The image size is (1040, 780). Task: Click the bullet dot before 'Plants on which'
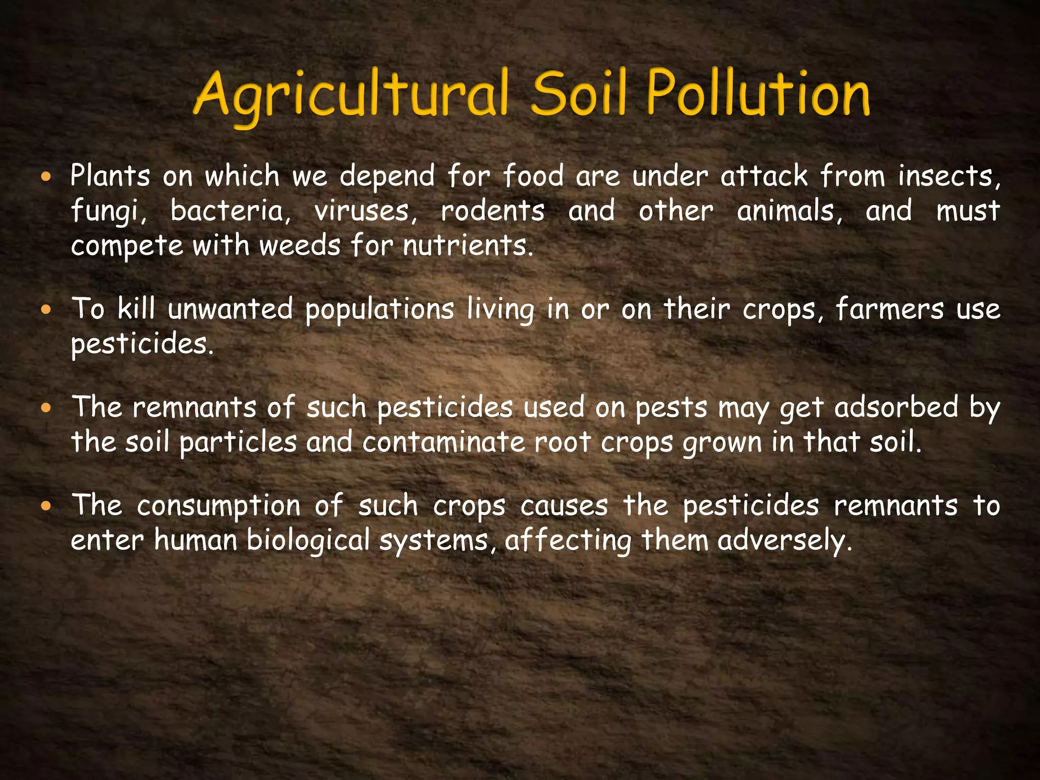pyautogui.click(x=47, y=177)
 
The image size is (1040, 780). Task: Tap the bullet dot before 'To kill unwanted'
pyautogui.click(x=47, y=310)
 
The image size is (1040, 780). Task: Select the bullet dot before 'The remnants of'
pyautogui.click(x=47, y=408)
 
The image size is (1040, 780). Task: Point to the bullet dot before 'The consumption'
pyautogui.click(x=47, y=506)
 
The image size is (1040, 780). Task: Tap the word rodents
pyautogui.click(x=493, y=211)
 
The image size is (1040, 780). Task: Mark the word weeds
pyautogui.click(x=300, y=246)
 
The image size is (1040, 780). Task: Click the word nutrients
pyautogui.click(x=468, y=246)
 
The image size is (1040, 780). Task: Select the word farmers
pyautogui.click(x=889, y=309)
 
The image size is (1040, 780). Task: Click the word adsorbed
pyautogui.click(x=896, y=407)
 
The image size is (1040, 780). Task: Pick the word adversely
pyautogui.click(x=784, y=540)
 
